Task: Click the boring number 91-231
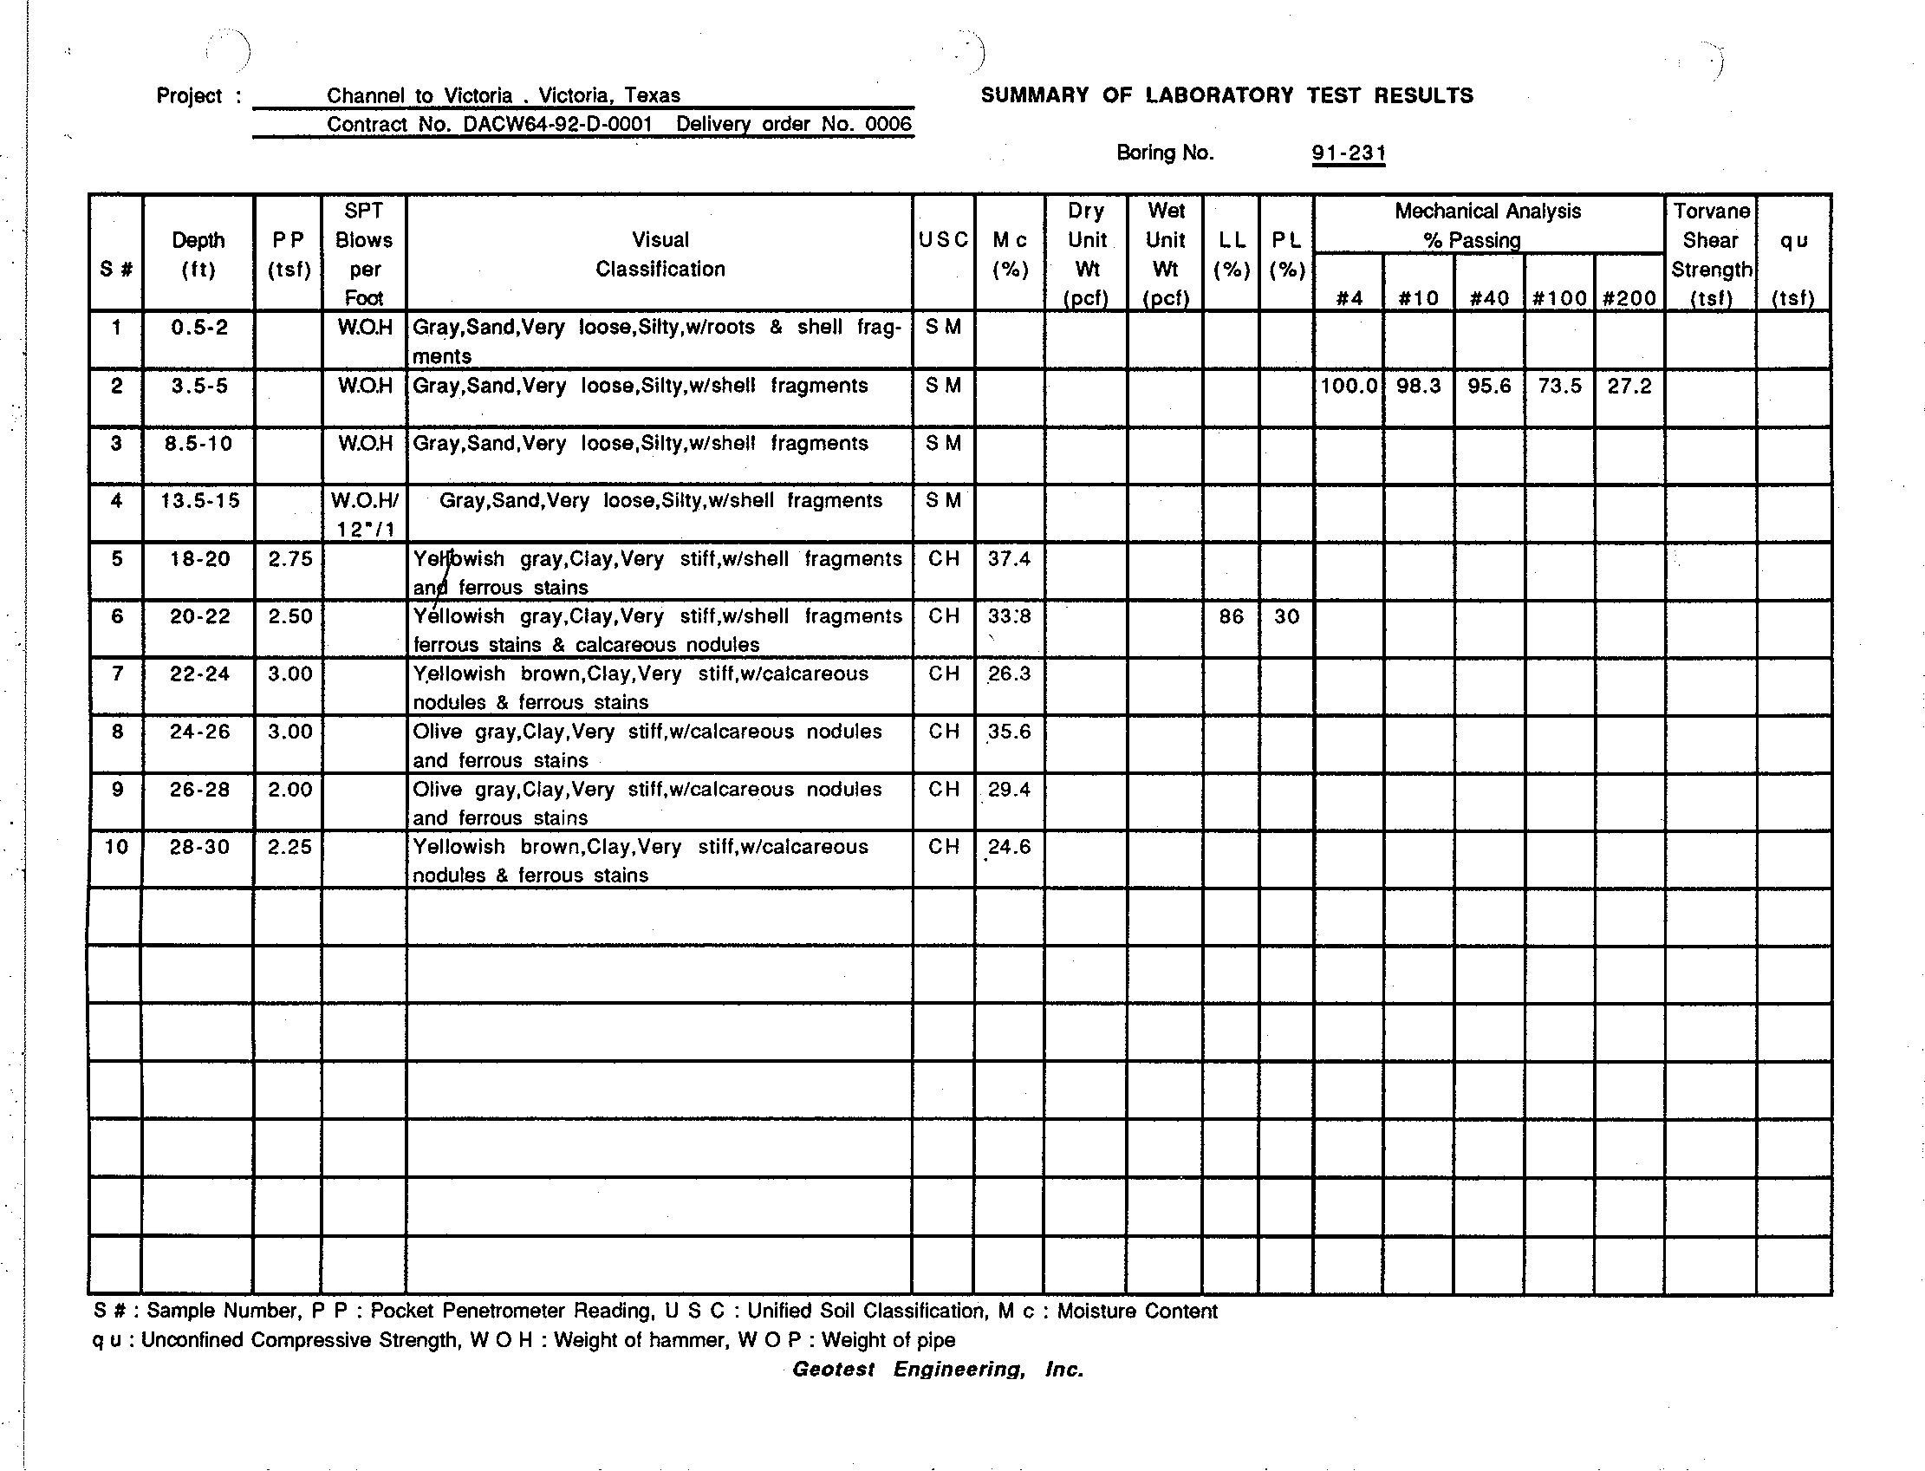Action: tap(1348, 153)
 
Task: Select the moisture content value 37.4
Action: tap(1009, 558)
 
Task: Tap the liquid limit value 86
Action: tap(1231, 616)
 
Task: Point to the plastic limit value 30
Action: tap(1286, 616)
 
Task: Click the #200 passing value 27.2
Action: tap(1629, 386)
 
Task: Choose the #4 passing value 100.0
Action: tap(1348, 386)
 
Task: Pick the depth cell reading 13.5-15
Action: tap(199, 501)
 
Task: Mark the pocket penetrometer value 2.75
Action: tap(289, 558)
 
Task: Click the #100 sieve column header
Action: tap(1559, 298)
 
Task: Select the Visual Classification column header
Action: tap(660, 254)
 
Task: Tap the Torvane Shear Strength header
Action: tap(1711, 254)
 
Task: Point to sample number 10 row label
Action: tap(115, 847)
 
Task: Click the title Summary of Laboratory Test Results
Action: tap(1226, 95)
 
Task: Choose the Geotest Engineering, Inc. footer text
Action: tap(938, 1370)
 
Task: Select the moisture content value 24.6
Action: tap(1009, 847)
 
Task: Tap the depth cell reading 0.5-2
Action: tap(199, 328)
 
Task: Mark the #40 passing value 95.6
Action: tap(1489, 386)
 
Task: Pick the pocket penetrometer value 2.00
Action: tap(289, 789)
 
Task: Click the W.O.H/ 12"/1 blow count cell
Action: tap(364, 515)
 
